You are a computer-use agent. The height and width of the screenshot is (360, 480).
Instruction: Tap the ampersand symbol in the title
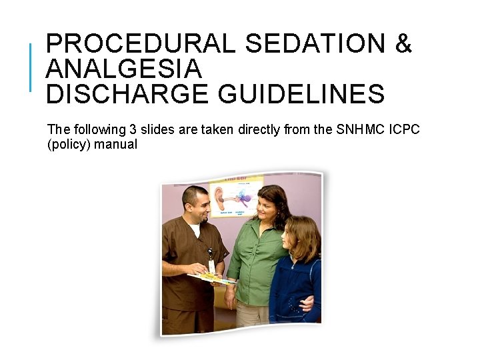pyautogui.click(x=404, y=44)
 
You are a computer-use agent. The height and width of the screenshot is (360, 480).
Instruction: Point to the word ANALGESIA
pyautogui.click(x=123, y=69)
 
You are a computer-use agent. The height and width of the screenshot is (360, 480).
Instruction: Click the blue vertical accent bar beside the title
pyautogui.click(x=31, y=67)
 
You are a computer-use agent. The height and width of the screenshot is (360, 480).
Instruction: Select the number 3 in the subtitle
pyautogui.click(x=132, y=129)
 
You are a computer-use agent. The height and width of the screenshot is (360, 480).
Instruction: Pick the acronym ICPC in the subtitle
pyautogui.click(x=403, y=129)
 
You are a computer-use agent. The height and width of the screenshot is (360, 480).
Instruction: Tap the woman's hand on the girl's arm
pyautogui.click(x=305, y=303)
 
